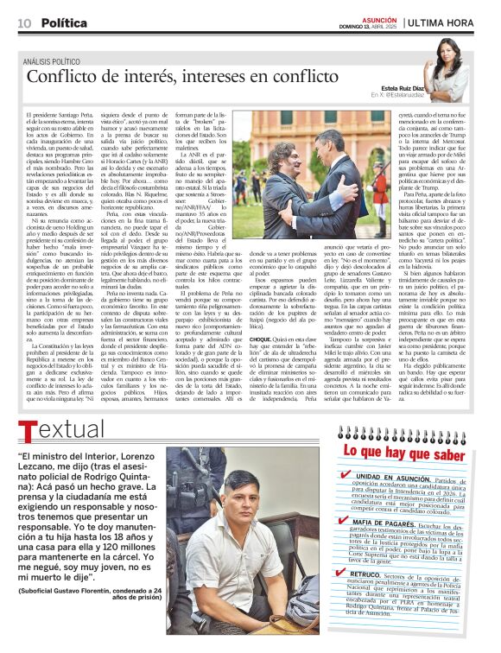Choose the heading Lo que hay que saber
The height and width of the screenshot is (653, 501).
click(x=409, y=451)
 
